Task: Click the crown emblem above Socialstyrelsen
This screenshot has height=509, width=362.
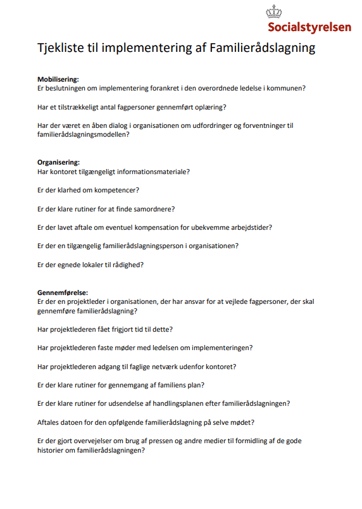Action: (274, 12)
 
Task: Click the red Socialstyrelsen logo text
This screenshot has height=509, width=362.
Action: (309, 27)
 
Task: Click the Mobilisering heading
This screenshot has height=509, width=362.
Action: (58, 79)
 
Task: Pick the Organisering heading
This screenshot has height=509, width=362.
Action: (58, 162)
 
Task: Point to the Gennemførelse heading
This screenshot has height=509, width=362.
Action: (62, 293)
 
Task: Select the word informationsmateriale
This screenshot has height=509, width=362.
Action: (156, 172)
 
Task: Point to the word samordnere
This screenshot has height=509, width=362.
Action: (153, 208)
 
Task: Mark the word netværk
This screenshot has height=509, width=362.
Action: (174, 366)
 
